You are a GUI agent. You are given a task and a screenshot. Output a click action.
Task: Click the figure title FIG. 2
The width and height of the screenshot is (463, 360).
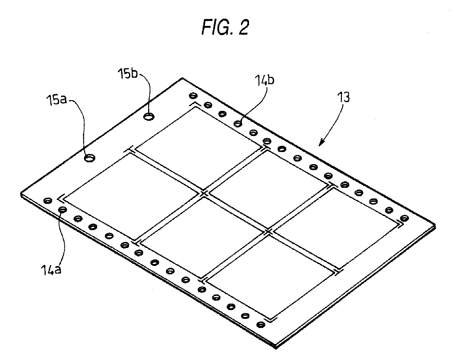(225, 27)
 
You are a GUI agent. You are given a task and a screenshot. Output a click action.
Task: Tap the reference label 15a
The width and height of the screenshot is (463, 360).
(56, 100)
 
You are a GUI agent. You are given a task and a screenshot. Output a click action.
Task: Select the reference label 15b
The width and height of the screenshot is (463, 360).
(128, 74)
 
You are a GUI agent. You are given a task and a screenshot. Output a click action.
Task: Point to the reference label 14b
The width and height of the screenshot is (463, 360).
(264, 80)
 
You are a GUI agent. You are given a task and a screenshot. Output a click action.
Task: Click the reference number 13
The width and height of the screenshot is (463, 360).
(343, 97)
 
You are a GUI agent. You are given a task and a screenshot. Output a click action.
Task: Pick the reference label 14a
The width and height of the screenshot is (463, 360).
(51, 270)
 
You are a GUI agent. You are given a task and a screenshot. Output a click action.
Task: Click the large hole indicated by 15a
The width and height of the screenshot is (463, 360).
(90, 158)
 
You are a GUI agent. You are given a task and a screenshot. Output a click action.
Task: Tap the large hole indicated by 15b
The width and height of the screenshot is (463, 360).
(149, 117)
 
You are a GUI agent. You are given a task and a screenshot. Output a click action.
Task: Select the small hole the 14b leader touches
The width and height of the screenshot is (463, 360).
(238, 123)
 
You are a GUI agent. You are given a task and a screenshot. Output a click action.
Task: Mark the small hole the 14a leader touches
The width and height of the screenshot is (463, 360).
(62, 210)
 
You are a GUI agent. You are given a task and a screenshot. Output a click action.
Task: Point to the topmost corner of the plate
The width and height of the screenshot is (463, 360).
(182, 78)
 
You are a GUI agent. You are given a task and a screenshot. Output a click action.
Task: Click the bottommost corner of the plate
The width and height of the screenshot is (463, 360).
(276, 349)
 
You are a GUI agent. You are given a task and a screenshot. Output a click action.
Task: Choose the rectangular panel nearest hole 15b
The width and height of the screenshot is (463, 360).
(198, 148)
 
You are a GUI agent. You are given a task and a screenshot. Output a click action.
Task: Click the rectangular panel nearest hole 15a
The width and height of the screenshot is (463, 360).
(131, 197)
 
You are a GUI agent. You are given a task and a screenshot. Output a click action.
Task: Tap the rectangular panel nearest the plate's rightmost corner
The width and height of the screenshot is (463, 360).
(336, 229)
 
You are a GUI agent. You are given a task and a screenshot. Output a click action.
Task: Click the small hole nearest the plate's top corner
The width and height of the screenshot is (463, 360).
(193, 96)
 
